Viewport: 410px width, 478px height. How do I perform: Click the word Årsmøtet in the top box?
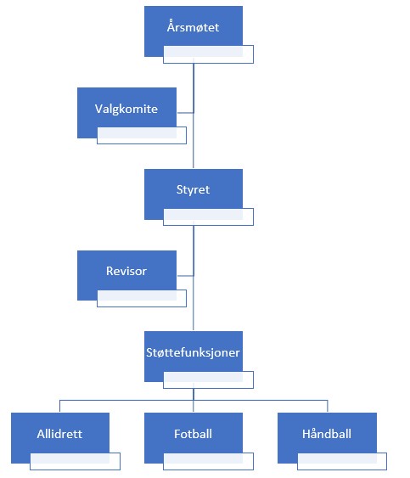coord(193,27)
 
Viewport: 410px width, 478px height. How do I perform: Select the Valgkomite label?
coord(126,109)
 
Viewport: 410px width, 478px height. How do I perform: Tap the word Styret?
coord(193,190)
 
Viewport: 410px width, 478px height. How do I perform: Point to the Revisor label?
coord(126,271)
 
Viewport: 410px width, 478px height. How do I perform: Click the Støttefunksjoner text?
coord(193,352)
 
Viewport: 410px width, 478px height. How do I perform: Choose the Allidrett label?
coord(59,434)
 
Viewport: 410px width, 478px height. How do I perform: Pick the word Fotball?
coord(193,434)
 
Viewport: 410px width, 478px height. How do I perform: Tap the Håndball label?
coord(327,434)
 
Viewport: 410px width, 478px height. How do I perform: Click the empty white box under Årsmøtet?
coord(208,54)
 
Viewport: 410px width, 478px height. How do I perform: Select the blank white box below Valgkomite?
coord(142,135)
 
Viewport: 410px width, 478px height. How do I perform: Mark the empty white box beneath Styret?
coord(208,217)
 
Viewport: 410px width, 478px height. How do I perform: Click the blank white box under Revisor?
coord(142,298)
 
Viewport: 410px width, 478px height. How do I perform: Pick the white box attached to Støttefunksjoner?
coord(208,380)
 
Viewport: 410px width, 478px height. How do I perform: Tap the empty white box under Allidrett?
coord(75,461)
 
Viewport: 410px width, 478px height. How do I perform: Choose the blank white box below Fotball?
coord(208,461)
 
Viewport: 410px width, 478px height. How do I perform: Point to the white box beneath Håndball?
coord(342,461)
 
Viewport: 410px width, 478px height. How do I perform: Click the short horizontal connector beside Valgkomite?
coord(185,113)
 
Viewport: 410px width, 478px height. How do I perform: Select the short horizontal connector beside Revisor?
coord(185,276)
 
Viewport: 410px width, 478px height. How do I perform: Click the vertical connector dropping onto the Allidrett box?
coord(59,406)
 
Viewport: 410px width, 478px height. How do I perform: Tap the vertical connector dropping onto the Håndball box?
coord(328,406)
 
